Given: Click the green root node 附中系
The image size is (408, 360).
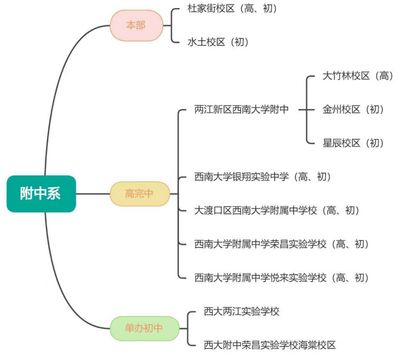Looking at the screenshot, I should coord(41,194).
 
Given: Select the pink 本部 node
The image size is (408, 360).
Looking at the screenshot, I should coord(136,25).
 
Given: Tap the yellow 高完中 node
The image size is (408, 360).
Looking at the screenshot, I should coord(139,194).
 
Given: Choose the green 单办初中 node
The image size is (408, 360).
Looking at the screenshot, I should coord(144,328).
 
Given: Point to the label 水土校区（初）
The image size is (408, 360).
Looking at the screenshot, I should coord(218,42).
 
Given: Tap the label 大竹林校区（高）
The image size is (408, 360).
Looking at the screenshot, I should coord(358,76).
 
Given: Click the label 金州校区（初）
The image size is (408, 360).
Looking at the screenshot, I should coord(353,110).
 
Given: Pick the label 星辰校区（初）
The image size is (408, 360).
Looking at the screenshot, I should coord(353,143).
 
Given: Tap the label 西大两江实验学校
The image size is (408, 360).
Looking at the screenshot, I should coord(241,311).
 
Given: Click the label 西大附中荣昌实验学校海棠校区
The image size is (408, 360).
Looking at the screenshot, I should coord(269,344).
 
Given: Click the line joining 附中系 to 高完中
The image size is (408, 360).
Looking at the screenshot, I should coord(93,194).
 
